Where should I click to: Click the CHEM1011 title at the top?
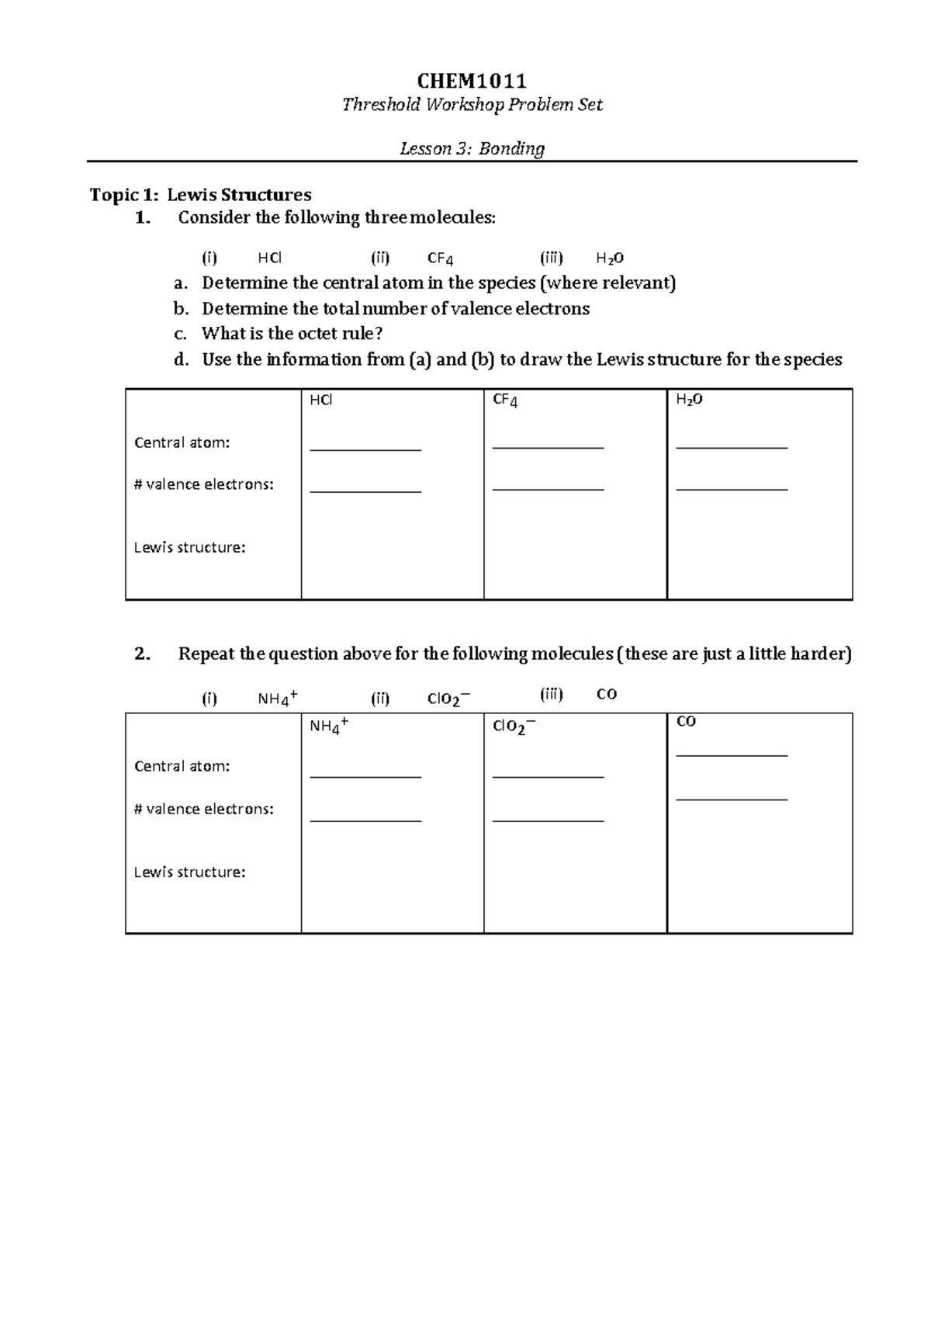[472, 81]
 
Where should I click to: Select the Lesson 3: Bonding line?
[472, 148]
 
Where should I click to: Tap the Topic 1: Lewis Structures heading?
[200, 194]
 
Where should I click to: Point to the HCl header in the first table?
[320, 400]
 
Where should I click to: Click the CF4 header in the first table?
[505, 401]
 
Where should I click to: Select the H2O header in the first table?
[689, 400]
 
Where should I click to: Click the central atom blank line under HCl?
[365, 449]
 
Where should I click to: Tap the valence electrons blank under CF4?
[548, 489]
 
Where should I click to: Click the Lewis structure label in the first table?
[189, 547]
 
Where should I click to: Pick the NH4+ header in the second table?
[328, 726]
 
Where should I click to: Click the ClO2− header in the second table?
[514, 727]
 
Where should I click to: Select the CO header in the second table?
[686, 721]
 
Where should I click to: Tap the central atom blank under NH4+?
[365, 776]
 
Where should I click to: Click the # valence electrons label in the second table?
[203, 809]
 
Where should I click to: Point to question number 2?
[141, 654]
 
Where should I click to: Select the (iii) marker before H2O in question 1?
[551, 258]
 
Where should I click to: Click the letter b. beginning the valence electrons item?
[181, 309]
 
